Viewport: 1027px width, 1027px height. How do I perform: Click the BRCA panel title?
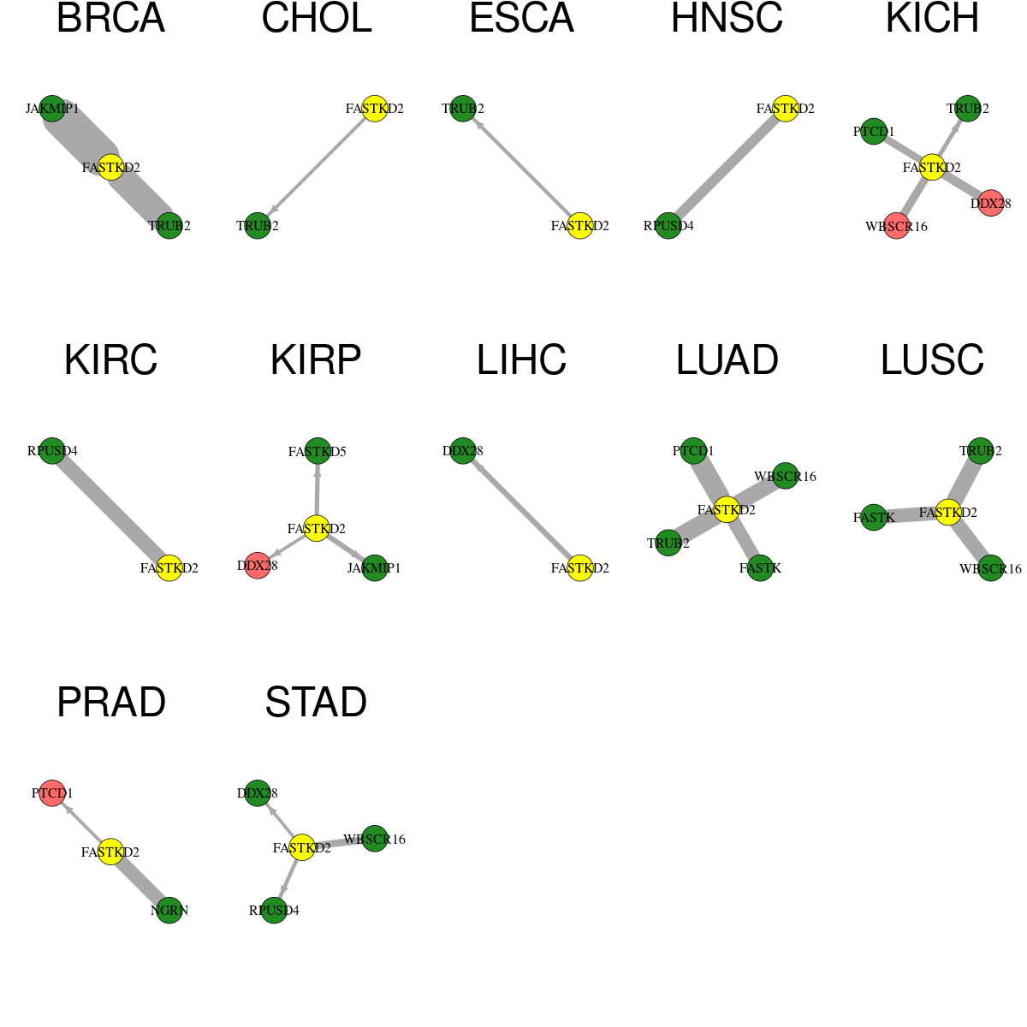click(111, 18)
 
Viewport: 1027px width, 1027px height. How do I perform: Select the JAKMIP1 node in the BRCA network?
click(52, 109)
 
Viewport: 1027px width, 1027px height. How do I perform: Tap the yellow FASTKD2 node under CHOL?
click(375, 109)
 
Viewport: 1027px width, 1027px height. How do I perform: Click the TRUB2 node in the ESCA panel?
click(463, 109)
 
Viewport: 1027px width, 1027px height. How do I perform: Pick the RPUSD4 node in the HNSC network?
click(668, 226)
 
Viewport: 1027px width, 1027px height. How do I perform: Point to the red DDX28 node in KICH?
click(991, 203)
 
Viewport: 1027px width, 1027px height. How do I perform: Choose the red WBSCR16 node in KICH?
click(897, 227)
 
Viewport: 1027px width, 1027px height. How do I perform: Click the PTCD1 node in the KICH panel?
click(874, 132)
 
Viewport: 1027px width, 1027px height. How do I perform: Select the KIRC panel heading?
click(111, 360)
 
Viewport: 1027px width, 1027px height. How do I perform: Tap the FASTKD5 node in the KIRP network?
click(318, 452)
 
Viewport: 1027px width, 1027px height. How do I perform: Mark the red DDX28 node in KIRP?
click(258, 566)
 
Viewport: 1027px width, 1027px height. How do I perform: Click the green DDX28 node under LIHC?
click(463, 451)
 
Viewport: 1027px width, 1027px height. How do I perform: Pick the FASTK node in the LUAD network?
click(760, 568)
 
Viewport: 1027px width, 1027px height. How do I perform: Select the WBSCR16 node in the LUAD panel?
click(785, 476)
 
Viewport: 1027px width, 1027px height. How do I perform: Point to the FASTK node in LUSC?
click(874, 518)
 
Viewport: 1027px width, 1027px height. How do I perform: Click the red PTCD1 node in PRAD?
click(52, 793)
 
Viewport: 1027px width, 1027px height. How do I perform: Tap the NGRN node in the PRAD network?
click(169, 911)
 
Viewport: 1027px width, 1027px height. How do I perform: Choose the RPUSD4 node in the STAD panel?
click(274, 911)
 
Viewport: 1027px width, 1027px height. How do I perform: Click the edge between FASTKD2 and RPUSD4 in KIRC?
click(111, 509)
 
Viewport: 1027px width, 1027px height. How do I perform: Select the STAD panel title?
click(316, 703)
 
